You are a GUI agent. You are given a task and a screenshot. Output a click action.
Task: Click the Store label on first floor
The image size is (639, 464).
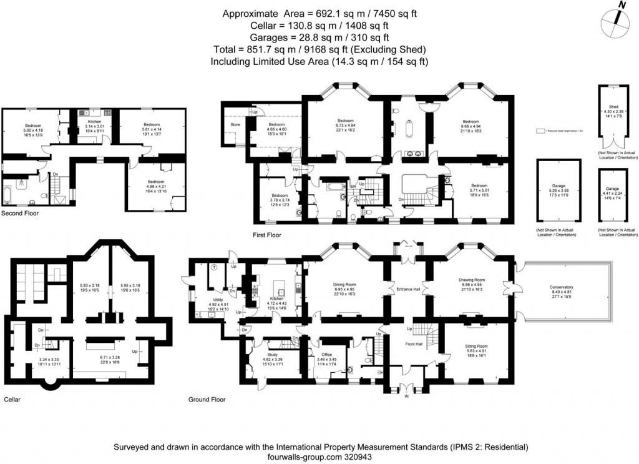235,125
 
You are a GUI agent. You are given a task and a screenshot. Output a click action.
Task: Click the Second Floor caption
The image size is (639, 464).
19,213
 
